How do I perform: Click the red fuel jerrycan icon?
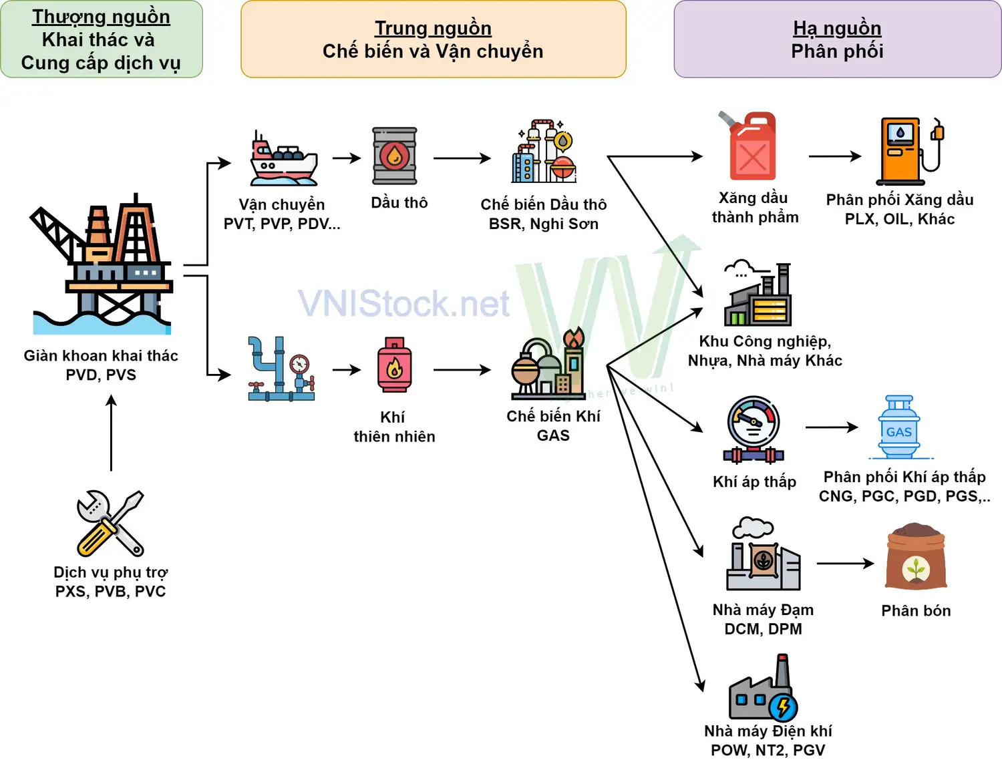(x=751, y=147)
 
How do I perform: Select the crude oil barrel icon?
(x=395, y=156)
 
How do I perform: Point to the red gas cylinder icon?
(x=394, y=365)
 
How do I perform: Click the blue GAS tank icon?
(x=899, y=427)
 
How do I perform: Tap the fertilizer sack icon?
(x=916, y=557)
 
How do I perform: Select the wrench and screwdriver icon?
(x=110, y=524)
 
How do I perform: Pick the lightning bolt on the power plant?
(x=783, y=707)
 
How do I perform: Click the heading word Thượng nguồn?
(x=101, y=17)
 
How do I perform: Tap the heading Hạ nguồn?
(x=837, y=28)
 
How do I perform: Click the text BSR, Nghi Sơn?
(x=543, y=224)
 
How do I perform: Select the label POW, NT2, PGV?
(x=768, y=750)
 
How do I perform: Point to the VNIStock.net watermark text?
(x=403, y=304)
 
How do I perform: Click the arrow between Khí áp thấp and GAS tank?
(x=832, y=427)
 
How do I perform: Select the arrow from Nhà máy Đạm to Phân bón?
(x=845, y=564)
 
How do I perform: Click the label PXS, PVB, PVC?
(x=110, y=591)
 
